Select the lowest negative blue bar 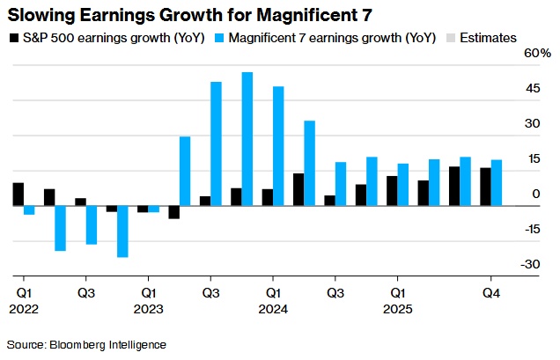point(122,231)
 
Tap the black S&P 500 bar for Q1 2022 point(18,195)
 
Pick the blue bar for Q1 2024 point(278,146)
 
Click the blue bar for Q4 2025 point(496,183)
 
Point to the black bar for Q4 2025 point(485,187)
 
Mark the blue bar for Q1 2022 point(29,210)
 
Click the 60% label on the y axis point(538,54)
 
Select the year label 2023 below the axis point(149,309)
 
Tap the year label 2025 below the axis point(398,309)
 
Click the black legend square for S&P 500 point(14,38)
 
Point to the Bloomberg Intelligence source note point(86,344)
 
